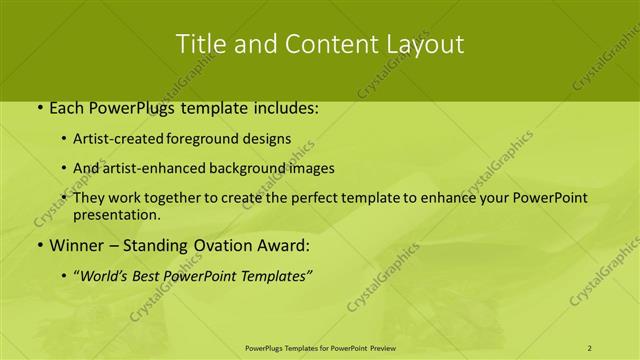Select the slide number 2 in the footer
click(x=590, y=347)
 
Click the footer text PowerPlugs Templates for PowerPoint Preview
click(x=319, y=347)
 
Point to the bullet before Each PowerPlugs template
click(x=37, y=108)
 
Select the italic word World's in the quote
click(x=110, y=275)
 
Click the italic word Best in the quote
click(x=154, y=275)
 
